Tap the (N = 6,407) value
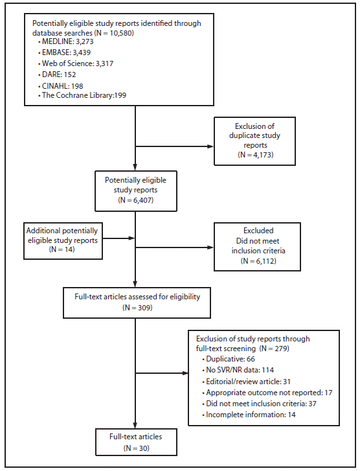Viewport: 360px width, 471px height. tap(135, 201)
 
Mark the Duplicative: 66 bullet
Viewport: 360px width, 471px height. tap(223, 359)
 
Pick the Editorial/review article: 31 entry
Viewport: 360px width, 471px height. tap(243, 381)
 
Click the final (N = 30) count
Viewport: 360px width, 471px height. tap(135, 446)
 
